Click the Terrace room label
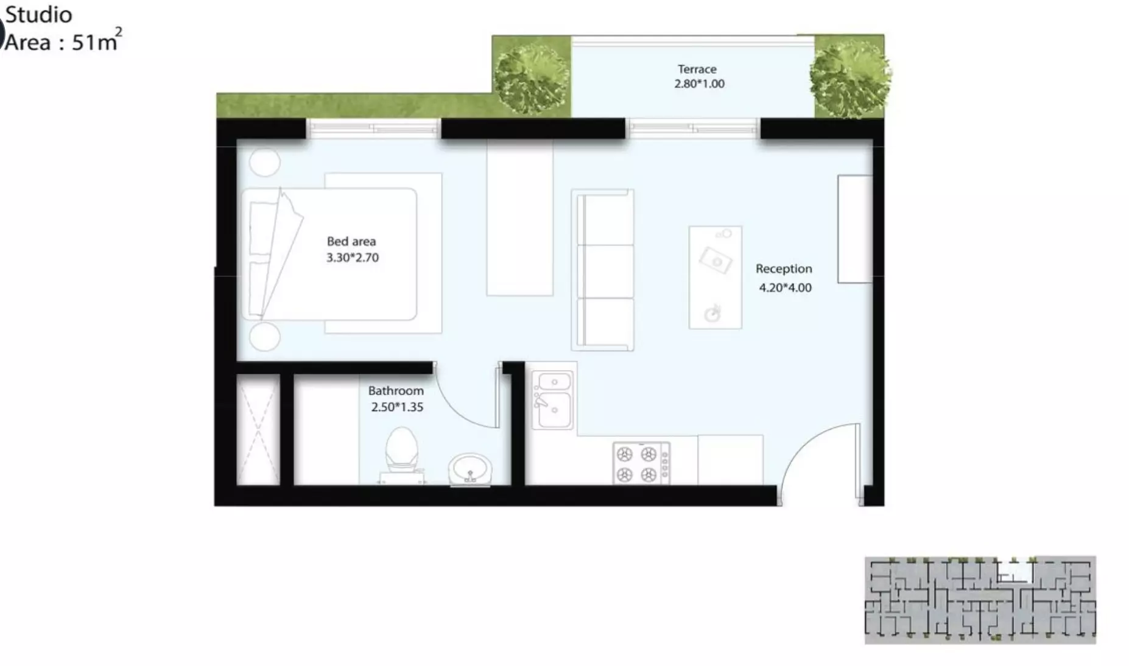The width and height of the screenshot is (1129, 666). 697,69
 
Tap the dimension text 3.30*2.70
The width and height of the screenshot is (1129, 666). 352,258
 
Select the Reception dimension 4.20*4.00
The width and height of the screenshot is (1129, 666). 785,288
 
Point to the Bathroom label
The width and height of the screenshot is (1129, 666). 395,391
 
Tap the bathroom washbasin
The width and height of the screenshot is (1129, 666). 470,469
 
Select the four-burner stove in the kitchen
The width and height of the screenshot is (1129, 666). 641,464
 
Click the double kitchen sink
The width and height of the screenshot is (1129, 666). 553,399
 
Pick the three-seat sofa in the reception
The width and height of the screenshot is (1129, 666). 602,270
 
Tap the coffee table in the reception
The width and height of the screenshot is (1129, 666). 715,278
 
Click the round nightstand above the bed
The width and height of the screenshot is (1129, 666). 264,163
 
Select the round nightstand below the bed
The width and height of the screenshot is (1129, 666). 264,337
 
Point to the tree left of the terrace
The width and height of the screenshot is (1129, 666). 532,76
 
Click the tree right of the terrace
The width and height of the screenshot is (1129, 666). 849,76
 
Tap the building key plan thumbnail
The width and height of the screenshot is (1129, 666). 980,600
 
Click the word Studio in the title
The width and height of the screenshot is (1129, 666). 38,15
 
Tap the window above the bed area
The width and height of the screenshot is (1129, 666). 373,128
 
